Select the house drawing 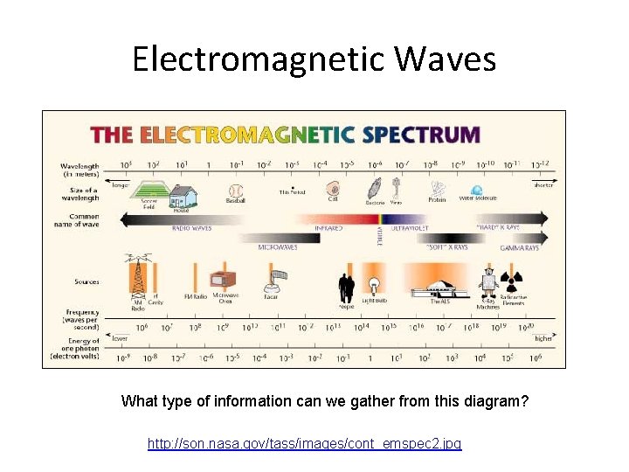[x=182, y=195]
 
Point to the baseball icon [x=235, y=191]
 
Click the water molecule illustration [x=477, y=189]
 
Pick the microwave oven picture [x=224, y=280]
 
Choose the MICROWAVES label [x=278, y=247]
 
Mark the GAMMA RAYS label [x=519, y=247]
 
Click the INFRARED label [x=328, y=227]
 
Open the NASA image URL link [x=304, y=444]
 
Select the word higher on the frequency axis [x=543, y=338]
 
